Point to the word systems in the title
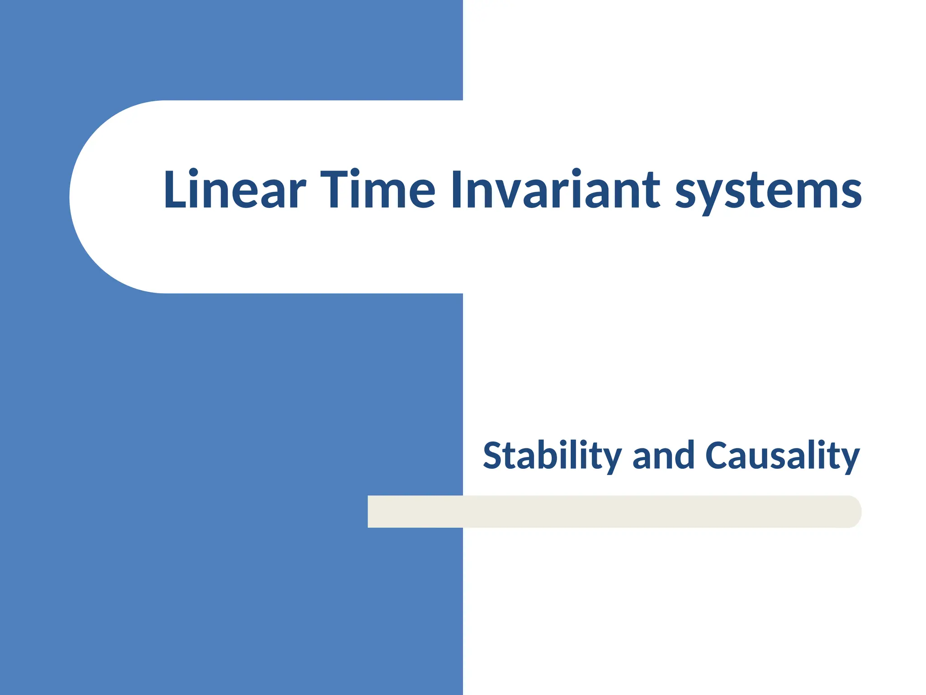coord(768,192)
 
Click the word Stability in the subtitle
coord(552,456)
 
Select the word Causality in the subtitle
coord(782,456)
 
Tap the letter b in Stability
coord(552,455)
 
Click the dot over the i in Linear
coord(193,172)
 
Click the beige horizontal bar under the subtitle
coord(610,511)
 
